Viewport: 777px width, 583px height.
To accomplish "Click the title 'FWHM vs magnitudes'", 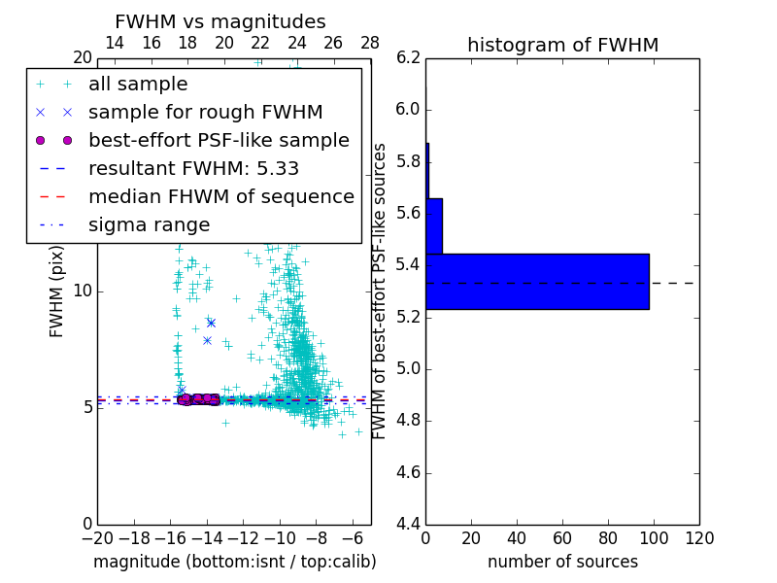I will pos(220,21).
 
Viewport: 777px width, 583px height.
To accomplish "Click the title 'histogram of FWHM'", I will pos(562,45).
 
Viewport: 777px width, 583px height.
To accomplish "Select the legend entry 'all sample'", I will pos(138,85).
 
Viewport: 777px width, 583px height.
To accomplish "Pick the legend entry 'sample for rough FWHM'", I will pos(205,112).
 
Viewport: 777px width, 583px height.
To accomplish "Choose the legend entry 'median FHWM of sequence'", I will pos(220,196).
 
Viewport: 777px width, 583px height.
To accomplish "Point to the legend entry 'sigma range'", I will pos(149,224).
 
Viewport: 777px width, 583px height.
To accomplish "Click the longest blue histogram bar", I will pos(537,281).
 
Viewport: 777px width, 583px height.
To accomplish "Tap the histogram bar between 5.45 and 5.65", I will pos(434,226).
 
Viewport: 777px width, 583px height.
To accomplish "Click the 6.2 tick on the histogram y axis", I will pos(408,57).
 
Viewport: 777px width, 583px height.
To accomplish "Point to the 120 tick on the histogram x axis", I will pos(699,537).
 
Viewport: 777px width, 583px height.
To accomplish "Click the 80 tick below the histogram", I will pos(608,537).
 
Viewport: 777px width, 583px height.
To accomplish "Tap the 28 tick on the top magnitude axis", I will pos(370,43).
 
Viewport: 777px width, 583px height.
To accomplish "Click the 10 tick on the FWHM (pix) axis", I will pos(84,291).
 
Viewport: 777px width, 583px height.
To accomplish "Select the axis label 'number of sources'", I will pos(562,562).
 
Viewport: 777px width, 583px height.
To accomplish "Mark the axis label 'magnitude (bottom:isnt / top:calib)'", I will pos(234,562).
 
